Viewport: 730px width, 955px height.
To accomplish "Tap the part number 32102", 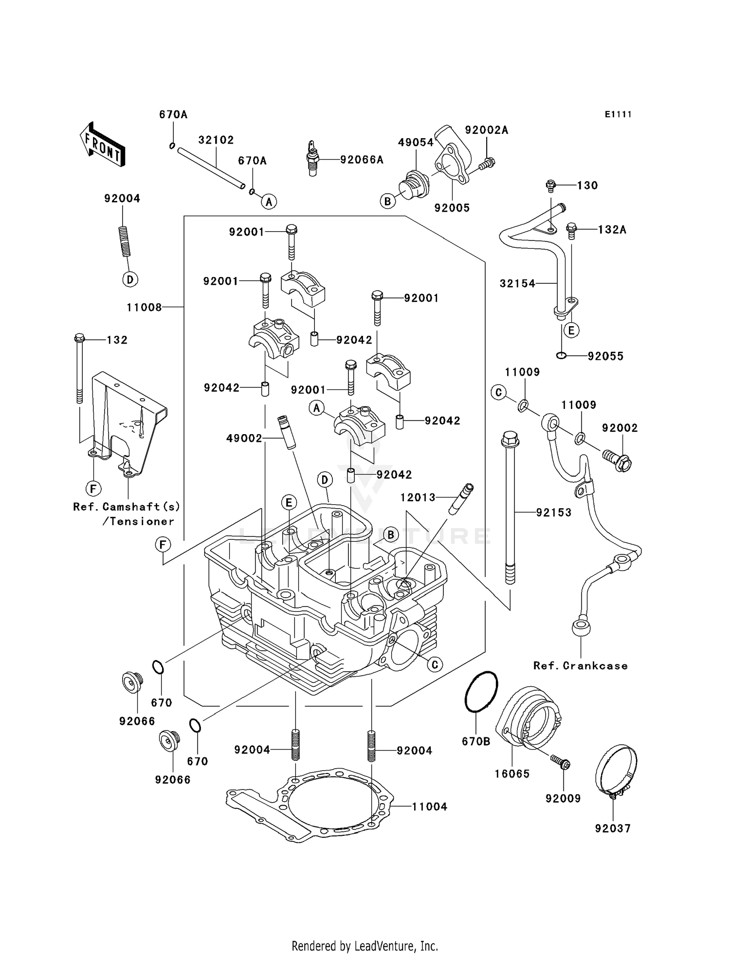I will click(x=216, y=140).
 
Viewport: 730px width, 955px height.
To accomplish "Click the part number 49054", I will click(x=415, y=143).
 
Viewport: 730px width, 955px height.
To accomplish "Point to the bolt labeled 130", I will click(x=551, y=185).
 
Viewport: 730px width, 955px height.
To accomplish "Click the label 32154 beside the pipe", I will click(x=517, y=283).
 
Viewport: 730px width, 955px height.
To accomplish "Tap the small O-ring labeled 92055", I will click(x=561, y=356).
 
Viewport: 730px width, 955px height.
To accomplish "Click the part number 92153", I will click(x=553, y=513).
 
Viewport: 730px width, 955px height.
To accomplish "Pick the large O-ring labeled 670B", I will click(x=482, y=691).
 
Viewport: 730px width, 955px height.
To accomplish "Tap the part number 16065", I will click(x=512, y=773).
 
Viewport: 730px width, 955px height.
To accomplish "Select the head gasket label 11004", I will click(x=429, y=807).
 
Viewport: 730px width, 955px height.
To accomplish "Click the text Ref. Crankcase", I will click(x=580, y=666).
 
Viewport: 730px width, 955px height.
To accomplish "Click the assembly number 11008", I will click(x=144, y=308).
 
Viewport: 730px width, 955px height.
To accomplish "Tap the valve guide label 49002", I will click(x=244, y=439).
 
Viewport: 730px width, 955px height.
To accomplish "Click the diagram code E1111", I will click(x=618, y=114).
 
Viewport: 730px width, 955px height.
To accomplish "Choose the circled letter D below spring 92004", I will click(x=130, y=279).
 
